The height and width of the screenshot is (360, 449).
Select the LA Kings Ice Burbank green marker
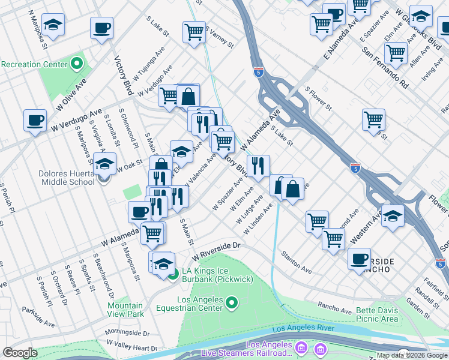tap(173, 275)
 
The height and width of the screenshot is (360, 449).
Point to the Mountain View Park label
tap(125, 310)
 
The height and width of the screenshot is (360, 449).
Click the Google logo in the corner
tap(20, 353)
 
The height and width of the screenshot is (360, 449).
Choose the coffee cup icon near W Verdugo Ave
tap(35, 119)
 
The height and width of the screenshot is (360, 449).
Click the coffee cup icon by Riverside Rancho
tap(359, 259)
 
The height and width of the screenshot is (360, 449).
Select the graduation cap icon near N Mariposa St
tap(53, 25)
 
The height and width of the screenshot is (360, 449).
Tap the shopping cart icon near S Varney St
tap(194, 31)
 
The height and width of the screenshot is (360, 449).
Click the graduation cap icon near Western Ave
tap(393, 215)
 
